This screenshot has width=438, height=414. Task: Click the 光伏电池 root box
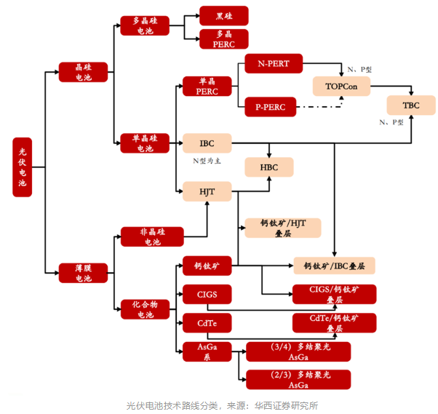coord(22,168)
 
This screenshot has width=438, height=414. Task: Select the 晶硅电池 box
coord(84,72)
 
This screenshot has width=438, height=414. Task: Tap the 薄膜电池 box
coord(84,273)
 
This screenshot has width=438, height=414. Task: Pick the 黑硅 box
coord(224,15)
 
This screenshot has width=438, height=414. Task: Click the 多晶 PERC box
coord(224,39)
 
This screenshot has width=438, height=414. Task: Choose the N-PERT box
coord(274,64)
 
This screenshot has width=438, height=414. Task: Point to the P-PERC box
coord(271,107)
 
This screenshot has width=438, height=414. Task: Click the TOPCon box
coord(342,87)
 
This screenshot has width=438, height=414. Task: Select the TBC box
coord(411,106)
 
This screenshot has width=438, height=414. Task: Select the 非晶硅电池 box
coord(153,236)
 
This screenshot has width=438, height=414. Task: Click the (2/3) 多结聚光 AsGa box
coord(298,379)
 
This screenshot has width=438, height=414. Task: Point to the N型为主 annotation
coord(206,161)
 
